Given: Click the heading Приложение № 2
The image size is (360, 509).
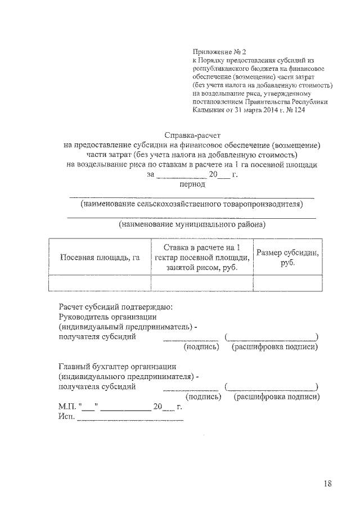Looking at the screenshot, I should (x=216, y=52).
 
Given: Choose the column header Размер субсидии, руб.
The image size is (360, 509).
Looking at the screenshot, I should (x=287, y=258).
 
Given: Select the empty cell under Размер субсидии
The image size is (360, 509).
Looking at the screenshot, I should (x=287, y=282).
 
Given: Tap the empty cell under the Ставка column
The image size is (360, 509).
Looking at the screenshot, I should (x=201, y=282).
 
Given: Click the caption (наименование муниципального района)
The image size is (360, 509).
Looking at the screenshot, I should (x=192, y=224).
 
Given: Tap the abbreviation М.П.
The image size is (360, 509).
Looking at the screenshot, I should (x=67, y=407).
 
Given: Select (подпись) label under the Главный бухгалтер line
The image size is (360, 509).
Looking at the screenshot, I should (x=193, y=397).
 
